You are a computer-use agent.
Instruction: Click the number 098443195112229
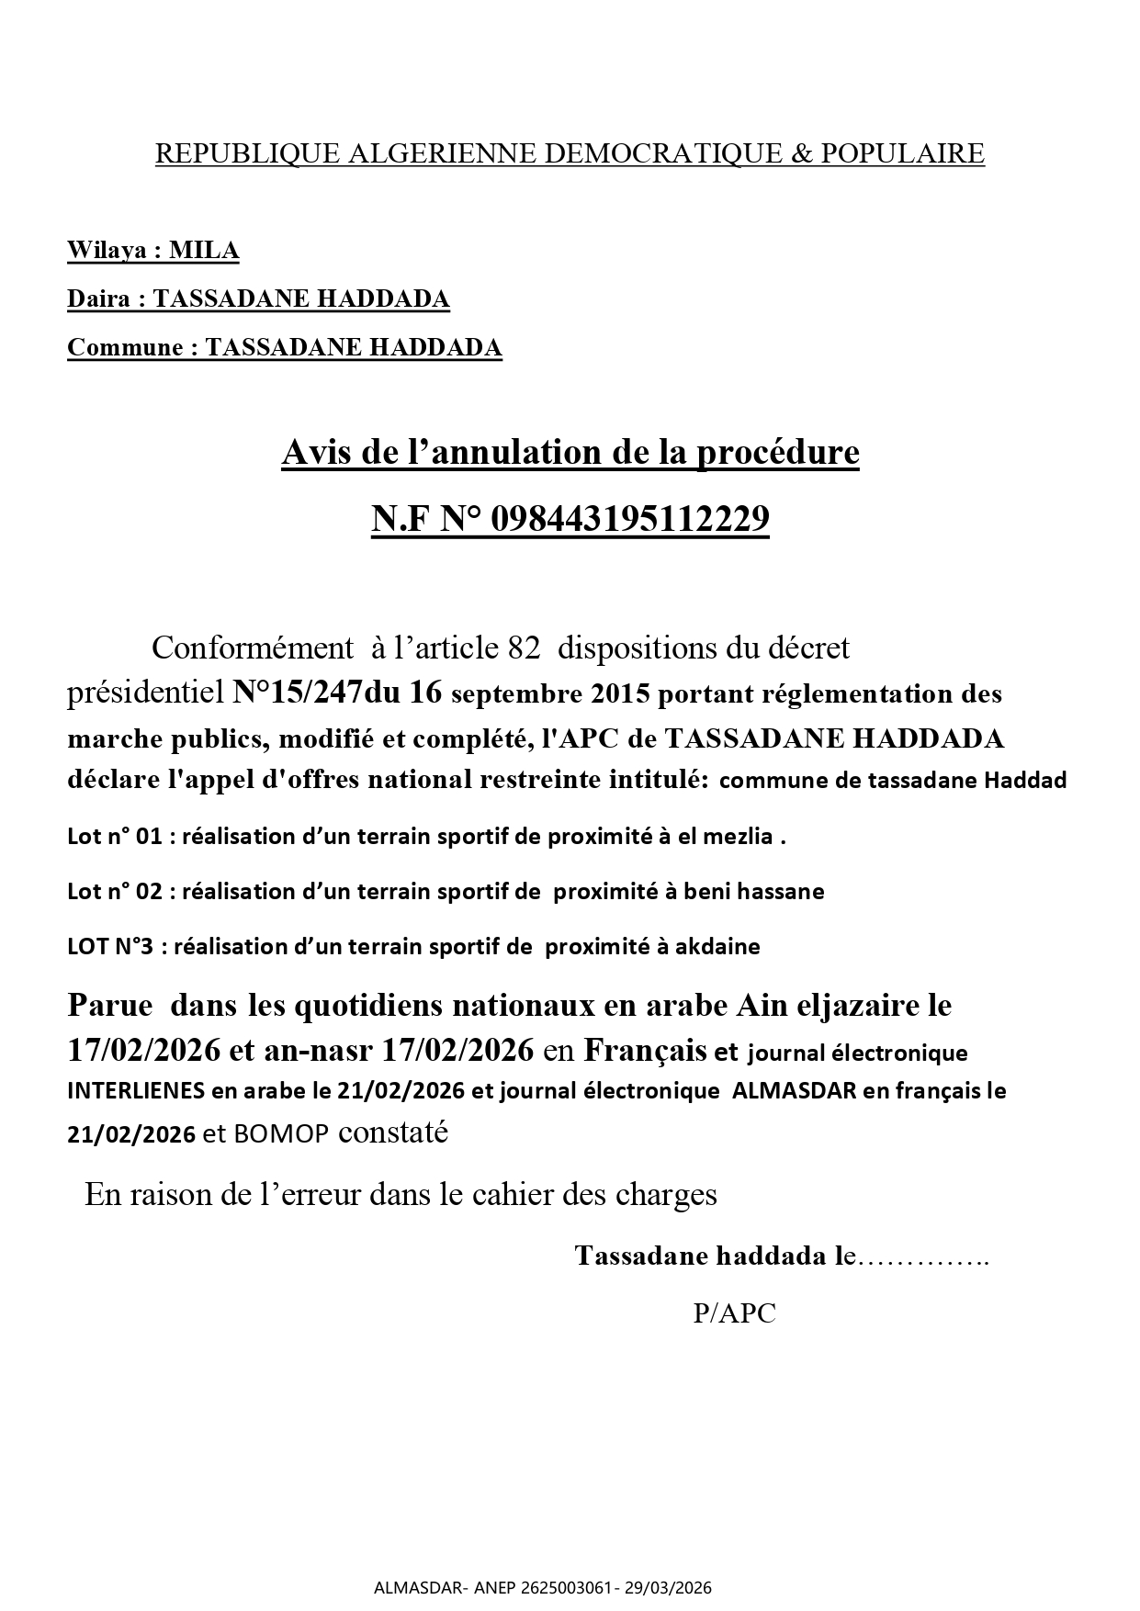point(630,520)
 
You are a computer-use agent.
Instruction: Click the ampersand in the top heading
point(800,153)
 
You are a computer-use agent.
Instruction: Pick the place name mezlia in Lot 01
point(741,837)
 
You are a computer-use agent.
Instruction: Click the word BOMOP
point(280,1134)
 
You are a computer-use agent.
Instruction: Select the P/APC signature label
point(734,1313)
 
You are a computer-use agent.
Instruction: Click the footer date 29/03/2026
point(675,1587)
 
